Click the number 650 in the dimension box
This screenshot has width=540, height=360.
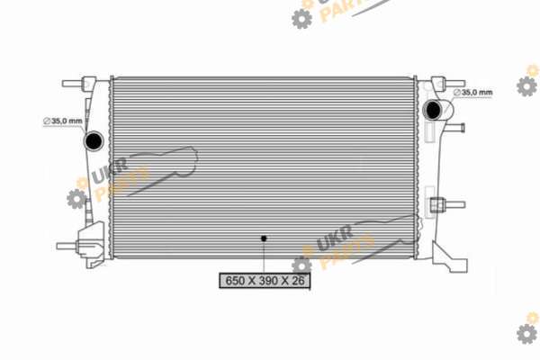tap(236, 281)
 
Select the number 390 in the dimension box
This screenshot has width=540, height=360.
tap(270, 281)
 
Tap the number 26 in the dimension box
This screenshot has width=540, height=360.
tap(298, 281)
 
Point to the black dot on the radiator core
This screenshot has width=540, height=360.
tap(264, 238)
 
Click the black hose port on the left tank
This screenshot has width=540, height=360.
tap(94, 140)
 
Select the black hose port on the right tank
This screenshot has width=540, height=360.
tap(433, 110)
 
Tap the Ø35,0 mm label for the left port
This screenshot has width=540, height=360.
tap(63, 121)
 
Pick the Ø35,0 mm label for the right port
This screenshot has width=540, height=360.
tap(472, 93)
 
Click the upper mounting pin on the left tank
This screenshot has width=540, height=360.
tap(73, 84)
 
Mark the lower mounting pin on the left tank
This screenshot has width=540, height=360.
tap(67, 246)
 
